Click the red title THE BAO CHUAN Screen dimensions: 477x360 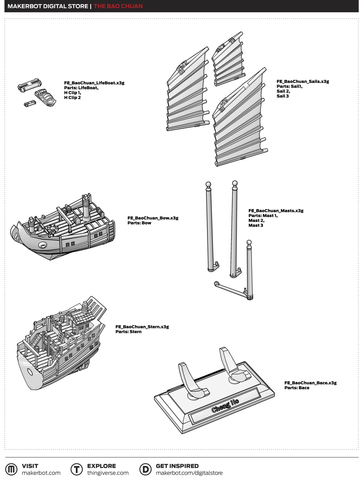pyautogui.click(x=118, y=6)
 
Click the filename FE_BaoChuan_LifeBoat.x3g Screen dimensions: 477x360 pyautogui.click(x=94, y=83)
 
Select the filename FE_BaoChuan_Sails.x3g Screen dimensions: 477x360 pyautogui.click(x=303, y=82)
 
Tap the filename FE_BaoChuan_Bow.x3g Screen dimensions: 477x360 pyautogui.click(x=153, y=218)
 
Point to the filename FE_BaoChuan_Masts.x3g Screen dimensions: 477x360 pyautogui.click(x=276, y=211)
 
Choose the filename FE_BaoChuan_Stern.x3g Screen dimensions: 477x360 pyautogui.click(x=142, y=327)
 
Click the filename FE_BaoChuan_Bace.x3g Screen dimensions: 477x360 pyautogui.click(x=310, y=383)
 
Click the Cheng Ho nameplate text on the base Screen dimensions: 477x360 pyautogui.click(x=225, y=405)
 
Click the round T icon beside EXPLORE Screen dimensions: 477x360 pyautogui.click(x=77, y=469)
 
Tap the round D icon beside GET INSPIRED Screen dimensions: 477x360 pyautogui.click(x=145, y=469)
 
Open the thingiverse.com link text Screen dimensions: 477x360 pyautogui.click(x=108, y=473)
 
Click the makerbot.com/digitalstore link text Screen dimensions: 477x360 pyautogui.click(x=189, y=473)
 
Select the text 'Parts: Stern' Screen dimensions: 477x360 pyautogui.click(x=128, y=332)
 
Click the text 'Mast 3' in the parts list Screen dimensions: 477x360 pyautogui.click(x=256, y=225)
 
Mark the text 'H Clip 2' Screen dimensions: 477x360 pyautogui.click(x=72, y=98)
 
